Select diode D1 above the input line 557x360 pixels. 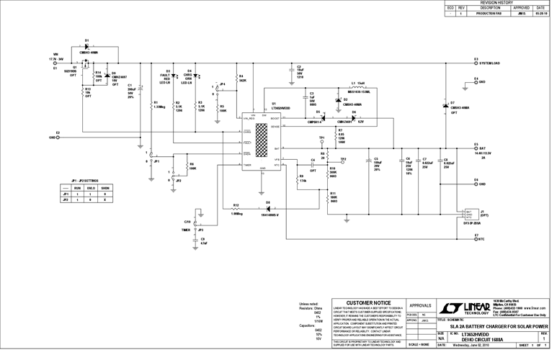point(86,46)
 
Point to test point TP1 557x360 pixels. point(321,141)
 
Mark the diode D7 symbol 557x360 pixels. point(444,107)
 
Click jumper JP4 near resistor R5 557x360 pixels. point(215,88)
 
